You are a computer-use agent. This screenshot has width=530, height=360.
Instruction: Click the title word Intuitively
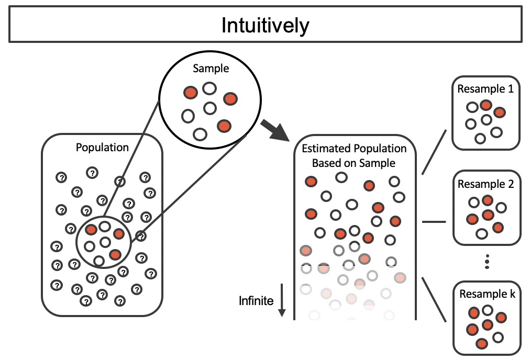click(265, 25)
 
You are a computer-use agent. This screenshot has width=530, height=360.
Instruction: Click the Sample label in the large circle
click(211, 68)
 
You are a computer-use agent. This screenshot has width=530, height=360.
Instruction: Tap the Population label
click(102, 148)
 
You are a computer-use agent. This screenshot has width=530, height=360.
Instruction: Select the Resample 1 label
click(485, 89)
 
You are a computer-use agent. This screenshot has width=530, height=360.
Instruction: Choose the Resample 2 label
click(485, 184)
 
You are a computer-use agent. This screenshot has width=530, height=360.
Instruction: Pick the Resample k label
click(487, 294)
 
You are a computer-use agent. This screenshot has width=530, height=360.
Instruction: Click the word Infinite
click(256, 300)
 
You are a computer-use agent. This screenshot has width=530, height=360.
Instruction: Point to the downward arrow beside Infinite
click(282, 300)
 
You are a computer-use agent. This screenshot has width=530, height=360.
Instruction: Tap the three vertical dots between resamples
click(487, 261)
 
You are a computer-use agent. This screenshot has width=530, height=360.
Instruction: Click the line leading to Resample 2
click(433, 222)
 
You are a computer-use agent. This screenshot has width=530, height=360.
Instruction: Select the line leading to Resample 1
click(434, 151)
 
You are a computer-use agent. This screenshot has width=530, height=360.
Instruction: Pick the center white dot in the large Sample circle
click(210, 108)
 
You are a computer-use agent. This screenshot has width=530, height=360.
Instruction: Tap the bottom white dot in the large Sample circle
click(200, 134)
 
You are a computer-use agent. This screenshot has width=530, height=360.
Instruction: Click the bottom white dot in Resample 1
click(480, 139)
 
